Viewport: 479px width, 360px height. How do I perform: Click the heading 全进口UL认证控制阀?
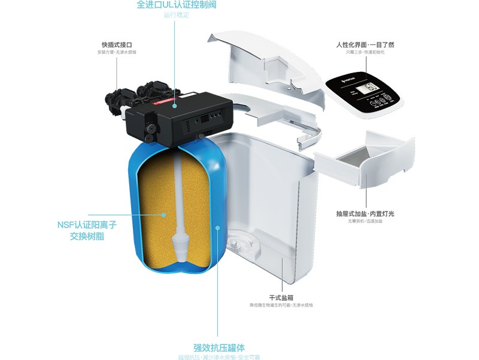pos(176,5)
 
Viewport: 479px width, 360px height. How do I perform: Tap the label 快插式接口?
pos(117,45)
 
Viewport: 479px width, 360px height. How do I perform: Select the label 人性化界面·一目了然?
pos(365,45)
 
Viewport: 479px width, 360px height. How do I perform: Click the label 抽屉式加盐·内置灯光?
pos(365,214)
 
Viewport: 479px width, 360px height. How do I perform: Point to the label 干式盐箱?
pos(281,298)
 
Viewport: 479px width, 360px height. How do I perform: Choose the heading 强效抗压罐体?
pos(219,347)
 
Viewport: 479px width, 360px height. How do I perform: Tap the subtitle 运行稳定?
pos(176,15)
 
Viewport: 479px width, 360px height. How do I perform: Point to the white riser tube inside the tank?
pos(180,192)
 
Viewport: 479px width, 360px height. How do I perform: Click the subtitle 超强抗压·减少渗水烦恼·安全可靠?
pos(219,358)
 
